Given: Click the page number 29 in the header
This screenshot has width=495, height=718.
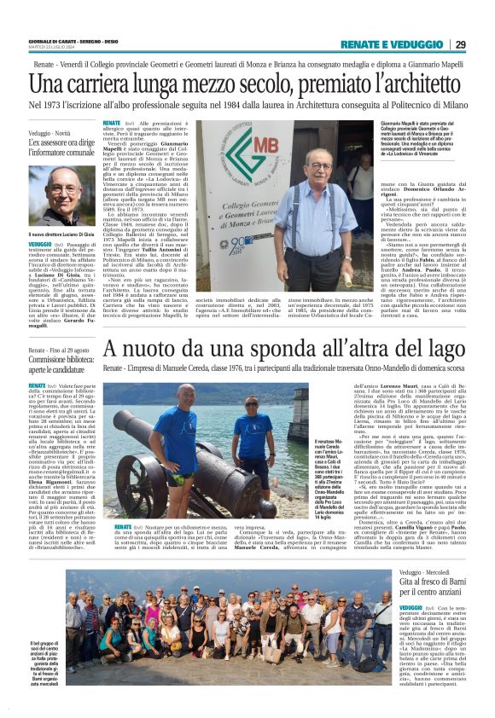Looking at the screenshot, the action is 460,44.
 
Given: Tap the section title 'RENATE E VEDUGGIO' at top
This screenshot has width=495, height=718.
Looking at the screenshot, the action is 391,44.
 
